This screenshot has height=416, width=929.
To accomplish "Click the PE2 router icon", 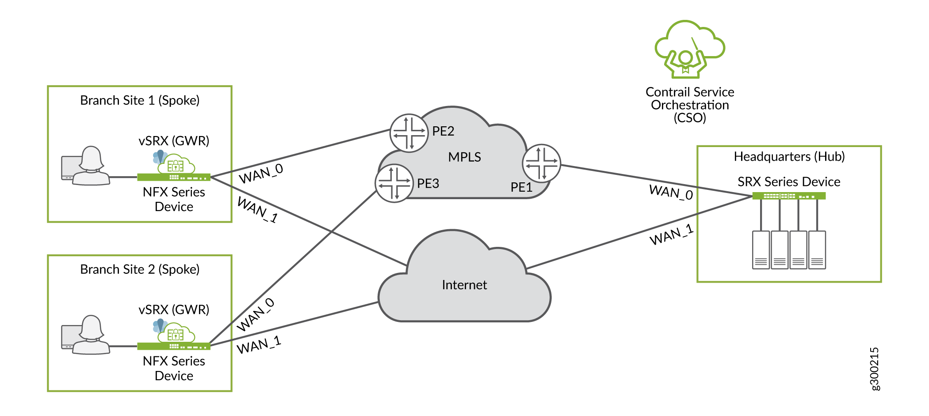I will pyautogui.click(x=409, y=133).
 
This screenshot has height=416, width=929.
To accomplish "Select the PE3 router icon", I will pyautogui.click(x=394, y=183).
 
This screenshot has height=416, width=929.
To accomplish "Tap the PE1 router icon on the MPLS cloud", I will pyautogui.click(x=541, y=163).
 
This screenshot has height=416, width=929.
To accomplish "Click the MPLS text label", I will pyautogui.click(x=464, y=157).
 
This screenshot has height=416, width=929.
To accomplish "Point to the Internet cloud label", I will pyautogui.click(x=464, y=285).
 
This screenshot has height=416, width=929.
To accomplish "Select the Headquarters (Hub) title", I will pyautogui.click(x=789, y=157).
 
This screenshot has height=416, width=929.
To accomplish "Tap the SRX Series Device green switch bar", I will pyautogui.click(x=789, y=196).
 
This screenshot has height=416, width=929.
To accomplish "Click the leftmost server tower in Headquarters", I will pyautogui.click(x=761, y=250).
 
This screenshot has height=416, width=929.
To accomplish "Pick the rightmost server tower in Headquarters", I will pyautogui.click(x=817, y=250).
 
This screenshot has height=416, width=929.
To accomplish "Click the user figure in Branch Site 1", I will pyautogui.click(x=91, y=166).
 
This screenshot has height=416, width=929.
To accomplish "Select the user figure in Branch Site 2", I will pyautogui.click(x=91, y=335).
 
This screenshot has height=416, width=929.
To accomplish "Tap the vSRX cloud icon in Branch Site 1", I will pyautogui.click(x=176, y=164).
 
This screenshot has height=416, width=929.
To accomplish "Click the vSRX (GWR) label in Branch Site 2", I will pyautogui.click(x=174, y=310).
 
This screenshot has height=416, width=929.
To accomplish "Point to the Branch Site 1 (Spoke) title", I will pyautogui.click(x=140, y=101).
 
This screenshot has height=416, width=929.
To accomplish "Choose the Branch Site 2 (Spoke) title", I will pyautogui.click(x=140, y=269).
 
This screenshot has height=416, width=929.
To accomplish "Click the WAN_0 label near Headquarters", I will pyautogui.click(x=671, y=193).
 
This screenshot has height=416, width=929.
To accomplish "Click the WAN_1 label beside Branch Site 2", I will pyautogui.click(x=259, y=345).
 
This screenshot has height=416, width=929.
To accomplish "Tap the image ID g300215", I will pyautogui.click(x=874, y=369).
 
